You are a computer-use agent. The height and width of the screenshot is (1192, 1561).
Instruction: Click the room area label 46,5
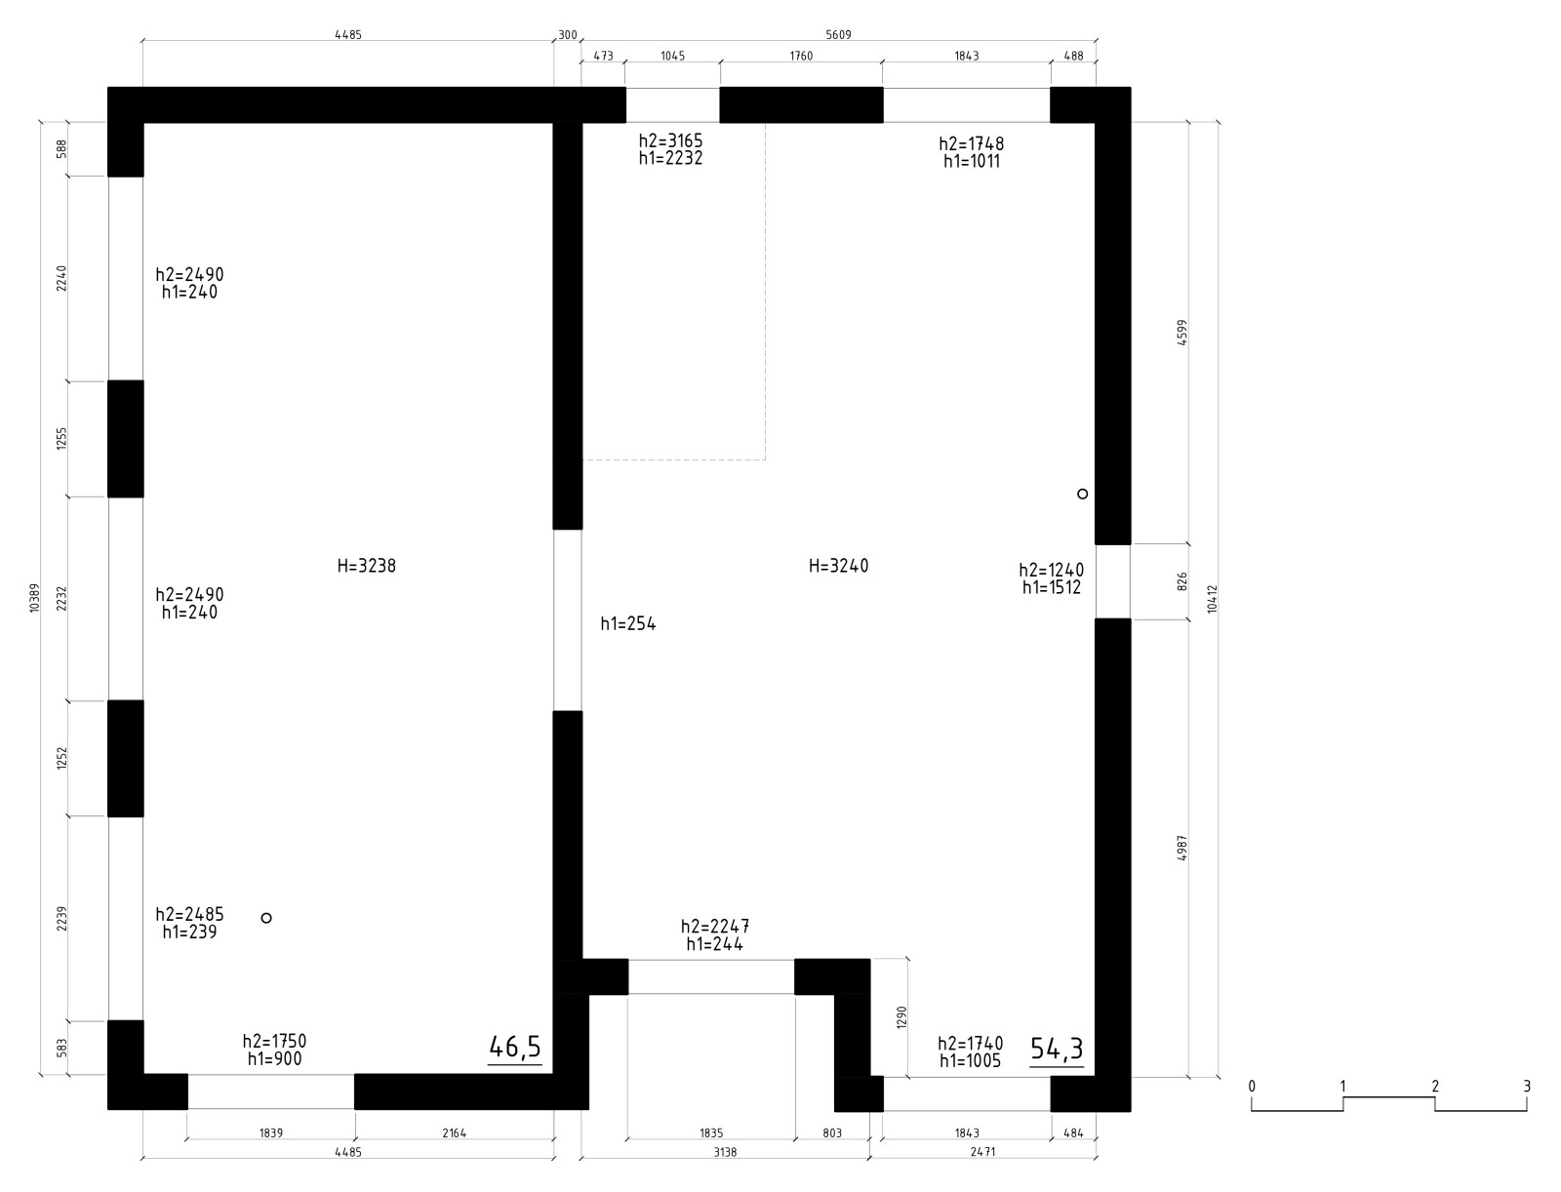515,1047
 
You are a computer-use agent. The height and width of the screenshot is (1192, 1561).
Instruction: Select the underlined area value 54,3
1057,1049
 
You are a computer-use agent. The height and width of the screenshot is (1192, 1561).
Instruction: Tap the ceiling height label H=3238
366,566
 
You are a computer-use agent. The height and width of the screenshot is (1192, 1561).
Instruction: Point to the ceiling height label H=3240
838,566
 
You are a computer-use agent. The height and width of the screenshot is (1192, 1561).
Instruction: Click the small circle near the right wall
1082,494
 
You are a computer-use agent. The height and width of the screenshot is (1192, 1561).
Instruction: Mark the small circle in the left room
266,918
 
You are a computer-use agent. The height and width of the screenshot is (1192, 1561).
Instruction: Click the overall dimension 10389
35,598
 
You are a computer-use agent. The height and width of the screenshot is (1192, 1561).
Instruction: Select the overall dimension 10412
1213,599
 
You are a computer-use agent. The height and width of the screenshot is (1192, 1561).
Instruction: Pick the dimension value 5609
838,35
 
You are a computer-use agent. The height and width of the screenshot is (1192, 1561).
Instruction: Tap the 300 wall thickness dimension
568,35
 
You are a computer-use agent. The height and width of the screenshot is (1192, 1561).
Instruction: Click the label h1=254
628,623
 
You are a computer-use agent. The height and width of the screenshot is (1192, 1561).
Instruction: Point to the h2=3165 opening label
670,140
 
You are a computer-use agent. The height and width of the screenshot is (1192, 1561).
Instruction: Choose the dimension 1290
901,1017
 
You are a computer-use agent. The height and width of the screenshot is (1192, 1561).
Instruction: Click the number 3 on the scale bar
1527,1086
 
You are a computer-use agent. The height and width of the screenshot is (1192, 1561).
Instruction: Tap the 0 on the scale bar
1252,1086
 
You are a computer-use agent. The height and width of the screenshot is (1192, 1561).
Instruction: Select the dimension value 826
1182,582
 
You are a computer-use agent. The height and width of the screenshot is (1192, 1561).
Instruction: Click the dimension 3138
726,1152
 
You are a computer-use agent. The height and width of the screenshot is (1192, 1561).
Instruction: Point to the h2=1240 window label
1051,570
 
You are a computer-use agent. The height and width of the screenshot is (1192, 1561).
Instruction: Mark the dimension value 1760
801,57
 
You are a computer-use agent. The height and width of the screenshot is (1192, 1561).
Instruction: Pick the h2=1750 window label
274,1042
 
